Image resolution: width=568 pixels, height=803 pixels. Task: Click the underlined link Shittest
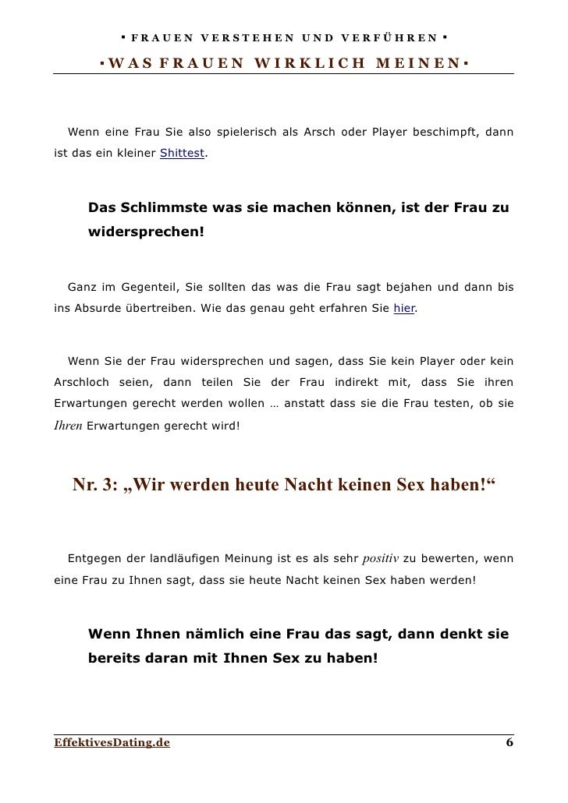tap(183, 154)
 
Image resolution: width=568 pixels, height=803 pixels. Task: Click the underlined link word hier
tap(404, 308)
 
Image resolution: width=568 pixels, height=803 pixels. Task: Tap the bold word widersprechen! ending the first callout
tap(147, 232)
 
